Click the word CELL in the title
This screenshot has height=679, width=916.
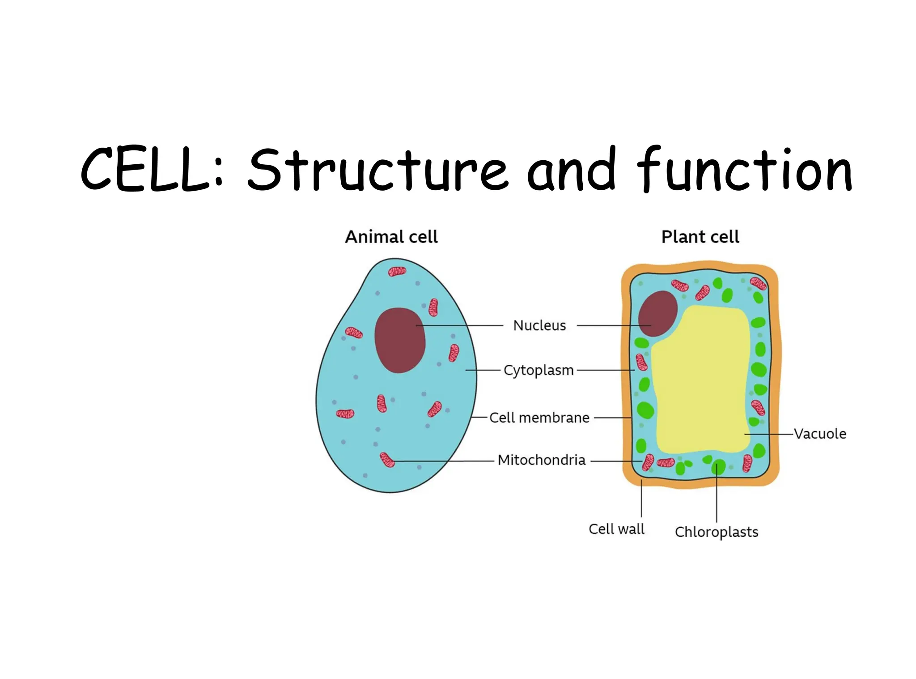point(145,170)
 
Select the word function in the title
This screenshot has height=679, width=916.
point(745,170)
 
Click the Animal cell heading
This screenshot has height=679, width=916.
point(391,237)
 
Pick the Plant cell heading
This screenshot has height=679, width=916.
point(700,237)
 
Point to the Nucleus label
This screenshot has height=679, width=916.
point(539,325)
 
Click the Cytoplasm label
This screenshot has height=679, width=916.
point(539,371)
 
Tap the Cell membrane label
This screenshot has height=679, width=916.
point(539,418)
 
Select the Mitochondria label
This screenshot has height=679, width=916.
point(541,460)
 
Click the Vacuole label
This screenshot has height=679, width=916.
point(820,434)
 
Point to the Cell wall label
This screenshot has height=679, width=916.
point(616,529)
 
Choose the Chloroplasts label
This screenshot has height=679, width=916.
point(717,532)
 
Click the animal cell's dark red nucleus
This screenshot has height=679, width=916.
point(399,340)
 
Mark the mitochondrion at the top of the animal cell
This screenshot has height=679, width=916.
point(397,271)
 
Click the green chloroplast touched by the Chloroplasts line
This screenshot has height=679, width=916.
point(718,467)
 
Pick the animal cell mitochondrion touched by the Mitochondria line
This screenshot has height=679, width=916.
point(387,460)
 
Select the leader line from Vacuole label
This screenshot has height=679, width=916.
point(769,434)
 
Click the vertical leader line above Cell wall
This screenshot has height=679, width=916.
point(641,499)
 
